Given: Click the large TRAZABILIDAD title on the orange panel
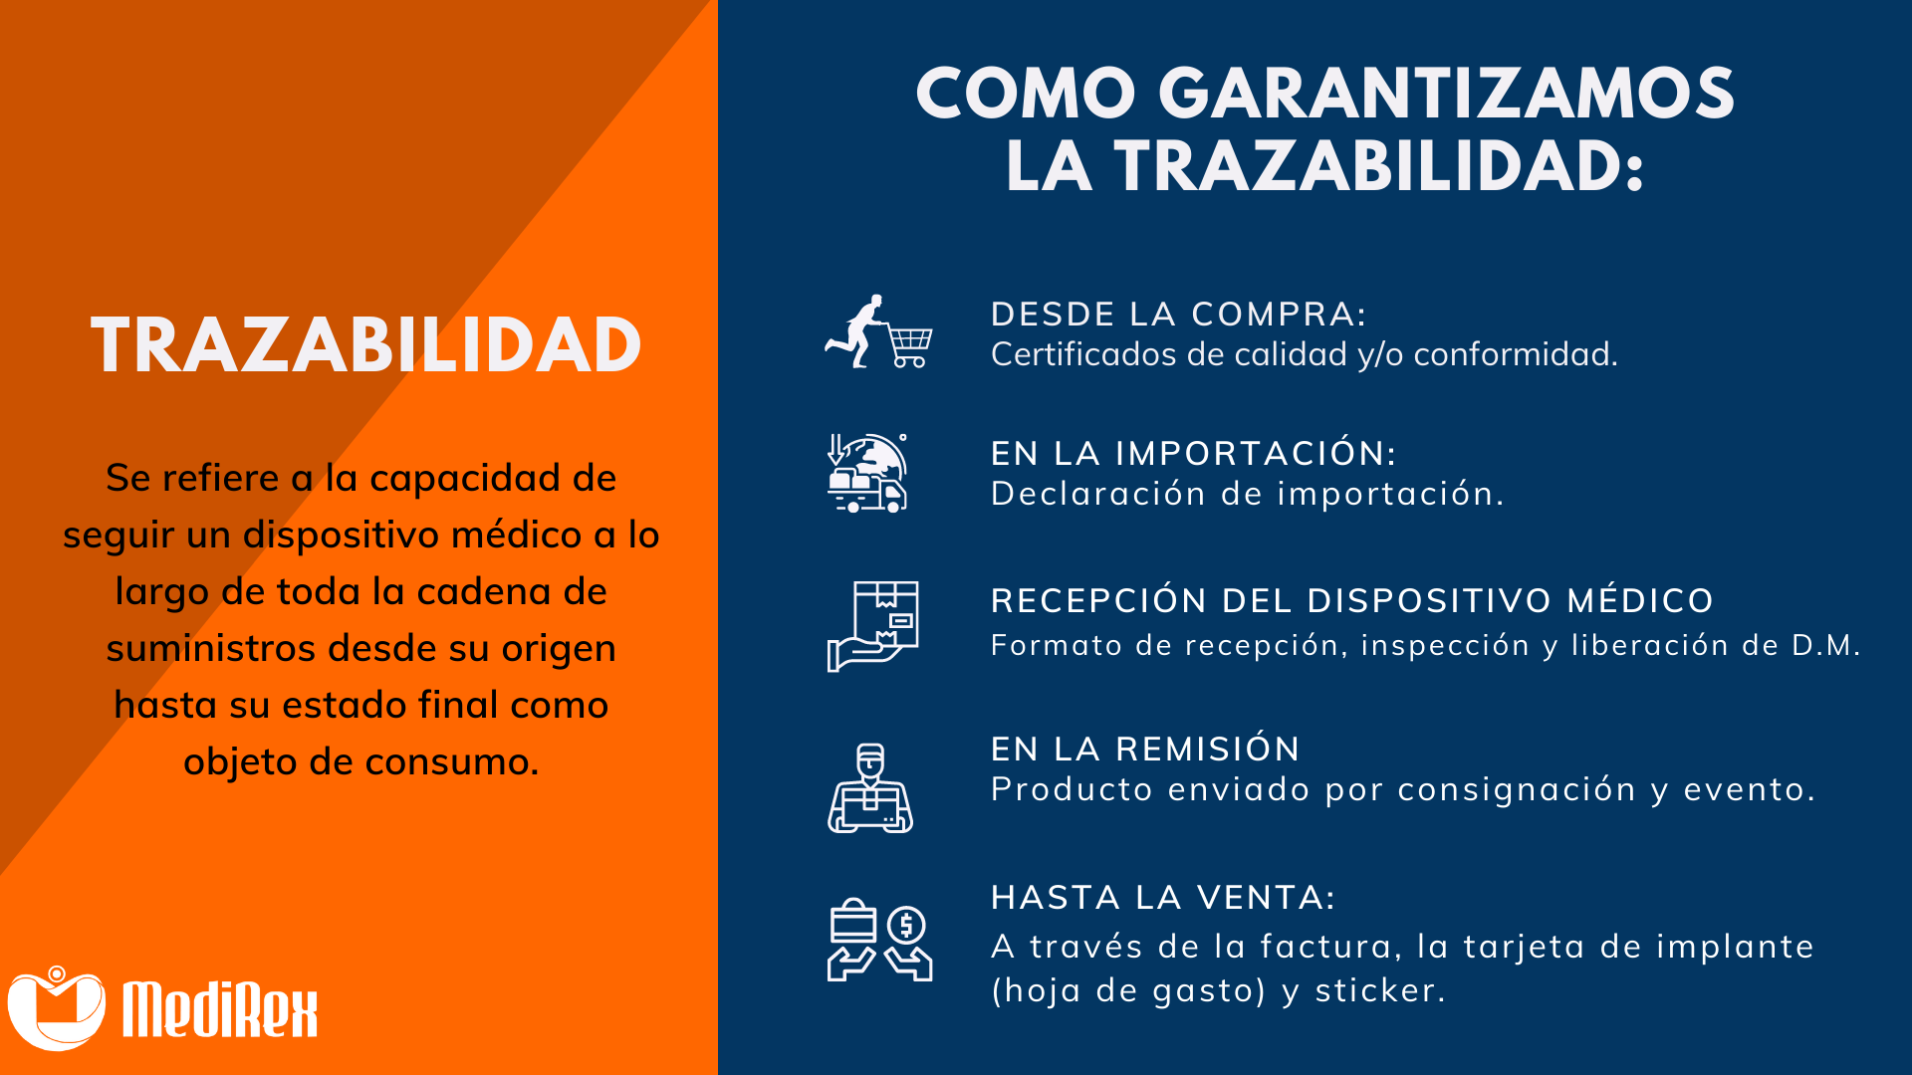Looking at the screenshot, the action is [365, 345].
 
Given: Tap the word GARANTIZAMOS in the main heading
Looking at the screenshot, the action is [1447, 94].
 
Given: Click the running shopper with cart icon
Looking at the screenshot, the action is [878, 331].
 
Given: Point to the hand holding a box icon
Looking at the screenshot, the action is [872, 626].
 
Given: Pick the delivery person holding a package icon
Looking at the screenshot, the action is [870, 788].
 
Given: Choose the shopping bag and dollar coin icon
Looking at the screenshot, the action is [879, 941].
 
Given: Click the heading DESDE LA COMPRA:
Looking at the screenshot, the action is [1179, 315].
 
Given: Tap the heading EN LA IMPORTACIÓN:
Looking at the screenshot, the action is [1194, 453].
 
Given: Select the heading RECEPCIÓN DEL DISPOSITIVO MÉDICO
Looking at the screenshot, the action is [1352, 600].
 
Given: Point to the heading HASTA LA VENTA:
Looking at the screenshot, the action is [1163, 897].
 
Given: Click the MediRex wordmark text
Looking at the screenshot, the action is [220, 1009].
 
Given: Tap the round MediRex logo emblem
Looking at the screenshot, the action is [57, 1007].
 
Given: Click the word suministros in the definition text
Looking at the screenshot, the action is [211, 648].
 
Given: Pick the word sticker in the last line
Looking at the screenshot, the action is [1380, 990].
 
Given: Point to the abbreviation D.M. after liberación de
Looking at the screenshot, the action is [1826, 645].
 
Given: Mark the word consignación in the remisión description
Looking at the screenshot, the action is [1518, 790].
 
